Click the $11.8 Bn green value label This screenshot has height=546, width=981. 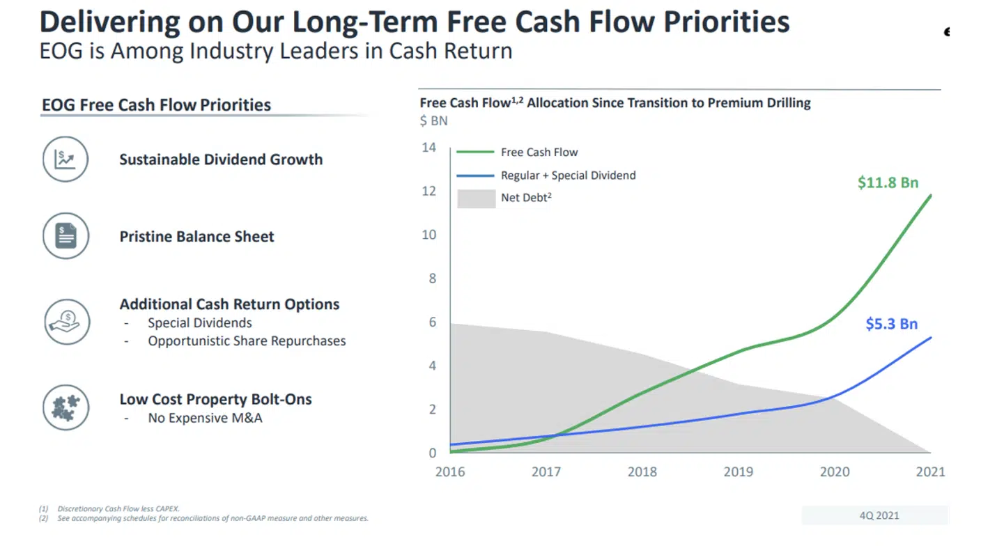point(888,183)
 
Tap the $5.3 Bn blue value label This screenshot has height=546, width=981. point(891,324)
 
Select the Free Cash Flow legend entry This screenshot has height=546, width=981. point(539,152)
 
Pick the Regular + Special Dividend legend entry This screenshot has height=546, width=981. point(568,175)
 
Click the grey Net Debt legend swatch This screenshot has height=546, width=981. point(476,198)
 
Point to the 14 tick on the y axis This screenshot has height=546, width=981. point(428,148)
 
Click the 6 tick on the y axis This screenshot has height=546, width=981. point(432,322)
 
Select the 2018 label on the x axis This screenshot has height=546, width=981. point(642,472)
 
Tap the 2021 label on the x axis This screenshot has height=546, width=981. point(930,472)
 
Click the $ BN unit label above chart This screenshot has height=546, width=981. point(433,121)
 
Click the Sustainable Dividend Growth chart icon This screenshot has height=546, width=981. point(65,159)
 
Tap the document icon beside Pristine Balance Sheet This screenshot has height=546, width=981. point(65,236)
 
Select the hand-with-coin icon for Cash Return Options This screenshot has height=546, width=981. point(65,322)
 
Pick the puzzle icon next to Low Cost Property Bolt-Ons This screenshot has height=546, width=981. point(65,407)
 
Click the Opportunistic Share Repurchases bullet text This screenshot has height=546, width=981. point(247,341)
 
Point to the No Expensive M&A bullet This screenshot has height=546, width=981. point(205,419)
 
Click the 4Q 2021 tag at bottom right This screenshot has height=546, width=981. point(879,515)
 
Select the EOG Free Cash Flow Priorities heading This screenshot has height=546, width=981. point(156,105)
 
